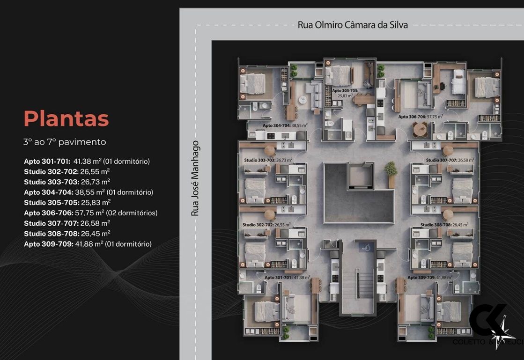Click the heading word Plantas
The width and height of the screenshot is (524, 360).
click(66, 119)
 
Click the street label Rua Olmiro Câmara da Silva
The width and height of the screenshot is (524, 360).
click(353, 25)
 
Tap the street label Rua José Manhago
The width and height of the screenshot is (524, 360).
click(195, 178)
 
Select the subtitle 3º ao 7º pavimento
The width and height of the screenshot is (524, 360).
click(65, 142)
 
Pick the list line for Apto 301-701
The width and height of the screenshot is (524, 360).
click(87, 162)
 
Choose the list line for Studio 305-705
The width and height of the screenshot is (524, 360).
click(67, 203)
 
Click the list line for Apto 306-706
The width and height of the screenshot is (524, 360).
click(90, 213)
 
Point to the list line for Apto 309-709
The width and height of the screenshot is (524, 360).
click(88, 244)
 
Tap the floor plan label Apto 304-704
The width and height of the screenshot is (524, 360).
click(285, 125)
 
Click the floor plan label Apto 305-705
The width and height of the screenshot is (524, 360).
click(345, 92)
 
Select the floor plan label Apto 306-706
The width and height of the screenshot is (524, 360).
click(421, 117)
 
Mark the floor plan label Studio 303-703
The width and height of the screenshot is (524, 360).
click(268, 160)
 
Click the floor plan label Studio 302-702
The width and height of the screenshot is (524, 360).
click(266, 225)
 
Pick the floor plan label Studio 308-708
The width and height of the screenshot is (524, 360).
click(444, 225)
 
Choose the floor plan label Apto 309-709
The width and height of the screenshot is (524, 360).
click(429, 277)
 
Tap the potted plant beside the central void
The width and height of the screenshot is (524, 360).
click(391, 173)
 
